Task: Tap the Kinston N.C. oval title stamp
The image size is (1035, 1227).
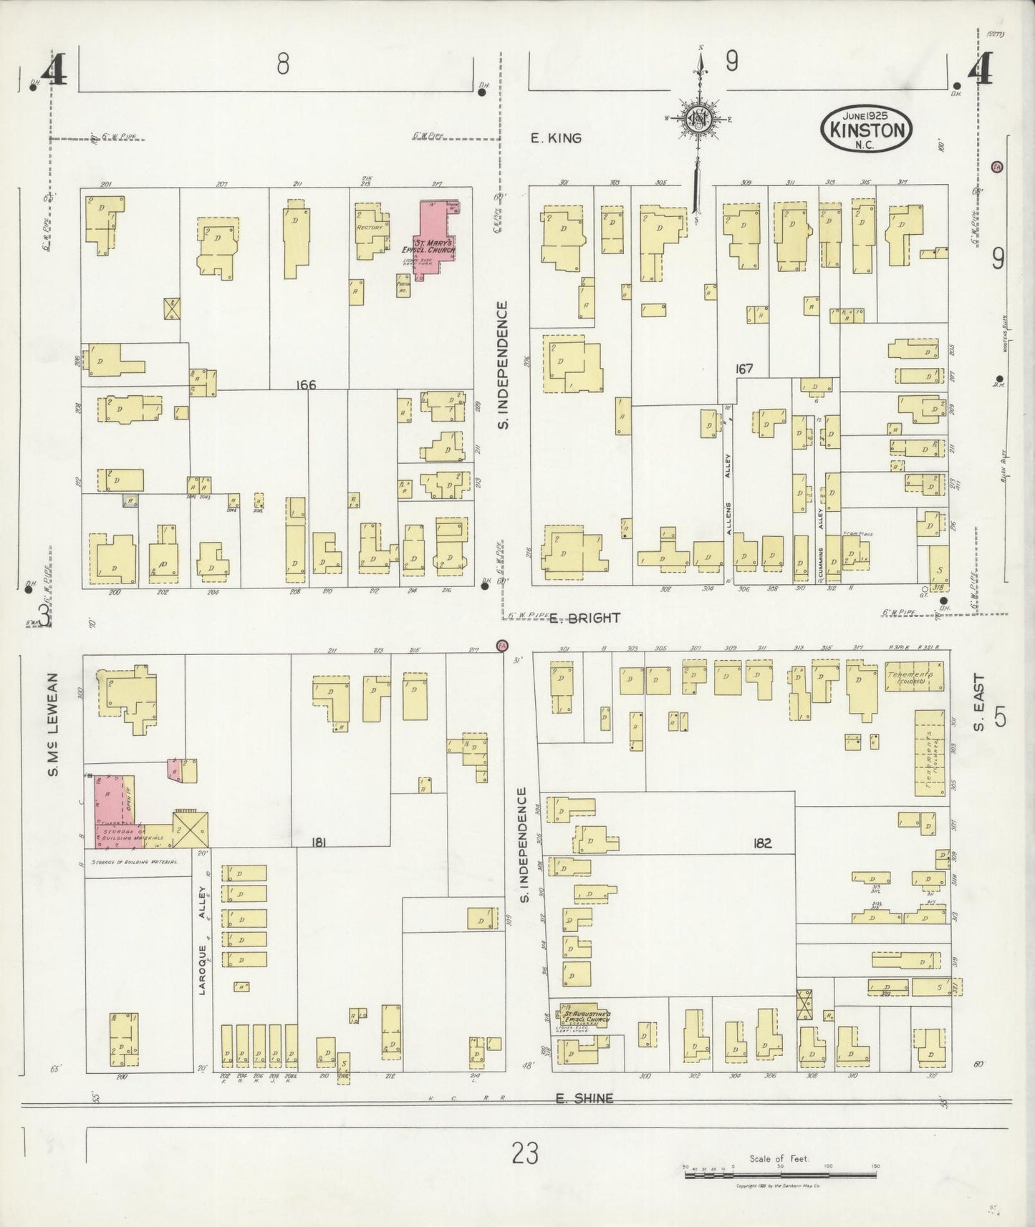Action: point(867,128)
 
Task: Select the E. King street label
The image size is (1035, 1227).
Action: point(556,138)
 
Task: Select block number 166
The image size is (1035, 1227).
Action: point(306,385)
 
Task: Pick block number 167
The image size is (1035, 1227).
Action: point(744,368)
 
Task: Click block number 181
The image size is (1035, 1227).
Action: point(319,843)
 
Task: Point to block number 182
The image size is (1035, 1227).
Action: point(761,843)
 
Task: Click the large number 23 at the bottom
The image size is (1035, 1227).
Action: point(525,1154)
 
